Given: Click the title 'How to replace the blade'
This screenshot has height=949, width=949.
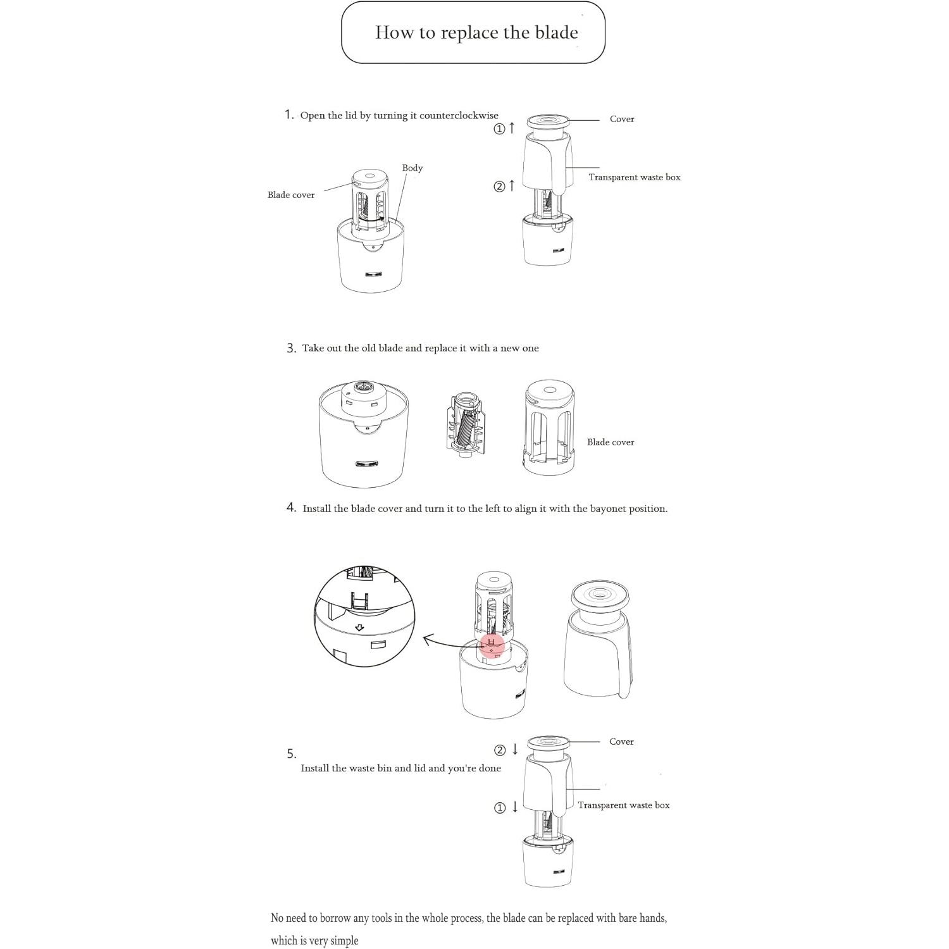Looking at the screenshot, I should [x=476, y=32].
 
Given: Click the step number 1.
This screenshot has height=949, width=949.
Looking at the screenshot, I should [x=288, y=115].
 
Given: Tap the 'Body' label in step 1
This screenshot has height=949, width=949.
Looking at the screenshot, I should [x=412, y=168].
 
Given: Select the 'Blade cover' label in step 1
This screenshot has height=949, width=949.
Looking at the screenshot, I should [x=290, y=195].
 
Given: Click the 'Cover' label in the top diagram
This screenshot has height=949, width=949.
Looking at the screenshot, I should [x=621, y=119].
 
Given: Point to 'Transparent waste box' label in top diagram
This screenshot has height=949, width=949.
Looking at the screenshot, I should [x=634, y=177].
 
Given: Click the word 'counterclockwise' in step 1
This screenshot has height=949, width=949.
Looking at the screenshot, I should [x=459, y=115].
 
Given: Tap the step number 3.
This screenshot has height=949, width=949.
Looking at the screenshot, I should [x=291, y=348].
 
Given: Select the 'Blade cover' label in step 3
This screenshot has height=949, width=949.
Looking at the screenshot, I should [x=610, y=442].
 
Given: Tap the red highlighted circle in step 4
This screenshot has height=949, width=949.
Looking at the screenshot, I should [x=492, y=645].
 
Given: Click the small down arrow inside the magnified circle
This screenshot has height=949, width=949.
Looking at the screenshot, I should [x=359, y=628].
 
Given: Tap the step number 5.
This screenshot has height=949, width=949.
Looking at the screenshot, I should [x=291, y=754].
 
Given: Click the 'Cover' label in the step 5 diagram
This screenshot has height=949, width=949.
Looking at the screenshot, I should [x=621, y=741].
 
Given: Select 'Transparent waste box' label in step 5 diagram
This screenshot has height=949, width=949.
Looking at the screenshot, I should [x=623, y=805].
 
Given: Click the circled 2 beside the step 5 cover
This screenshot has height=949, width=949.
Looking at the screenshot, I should [x=500, y=750].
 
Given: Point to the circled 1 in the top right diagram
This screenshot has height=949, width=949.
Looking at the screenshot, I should [x=499, y=129].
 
